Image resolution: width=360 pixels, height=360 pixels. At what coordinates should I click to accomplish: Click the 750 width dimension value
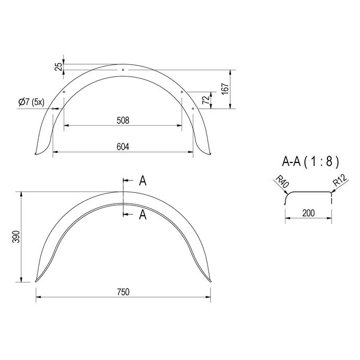123,292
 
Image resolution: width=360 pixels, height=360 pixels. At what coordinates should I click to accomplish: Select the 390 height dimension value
17,237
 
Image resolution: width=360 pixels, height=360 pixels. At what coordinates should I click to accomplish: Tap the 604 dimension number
123,147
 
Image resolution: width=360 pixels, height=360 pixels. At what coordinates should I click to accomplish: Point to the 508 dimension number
123,121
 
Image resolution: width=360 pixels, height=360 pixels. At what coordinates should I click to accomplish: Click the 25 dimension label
59,67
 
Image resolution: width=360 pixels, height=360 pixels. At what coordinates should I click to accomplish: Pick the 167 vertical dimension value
225,89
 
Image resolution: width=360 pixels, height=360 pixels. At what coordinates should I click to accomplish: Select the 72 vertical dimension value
206,100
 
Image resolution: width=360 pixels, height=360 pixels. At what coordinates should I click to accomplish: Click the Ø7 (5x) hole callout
31,102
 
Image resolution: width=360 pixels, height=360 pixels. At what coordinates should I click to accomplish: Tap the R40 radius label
282,181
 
